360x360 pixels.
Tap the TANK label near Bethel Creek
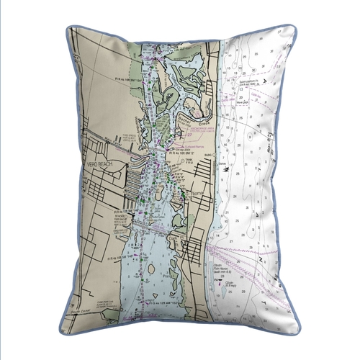189,161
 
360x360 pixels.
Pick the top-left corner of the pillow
69,28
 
